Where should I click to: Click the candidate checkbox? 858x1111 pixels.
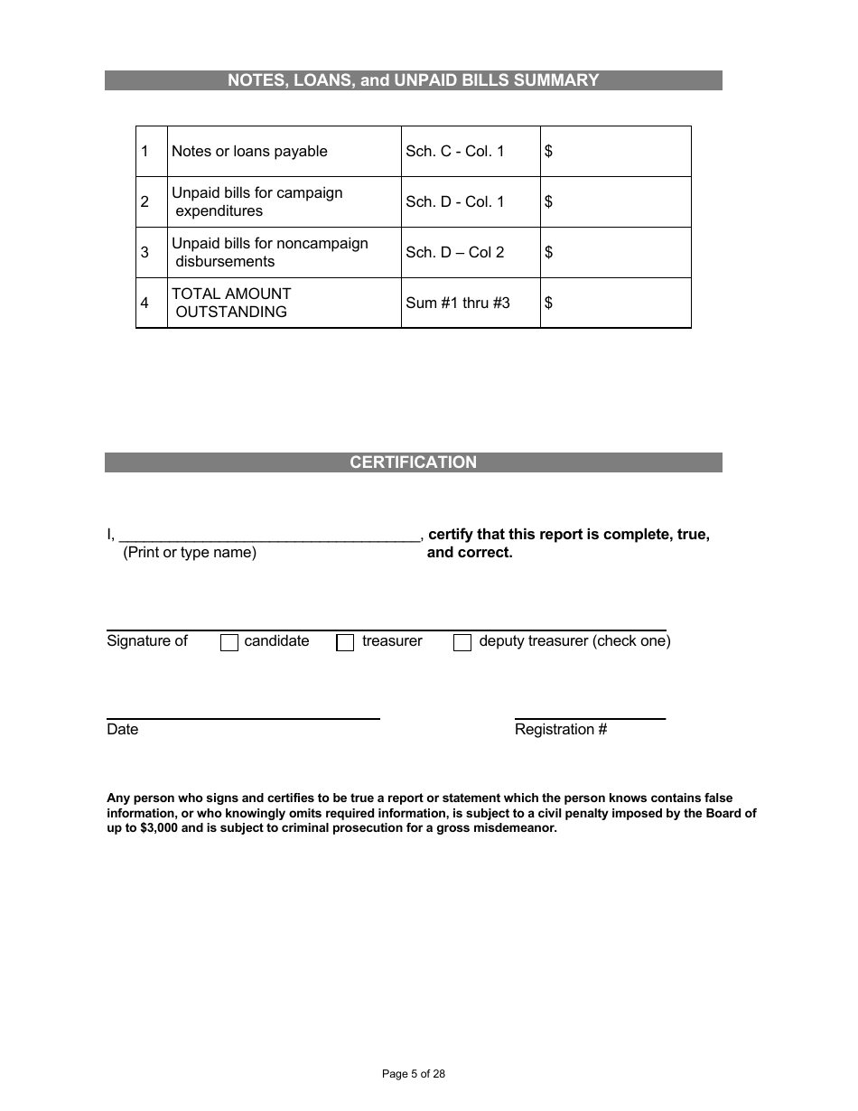tap(229, 642)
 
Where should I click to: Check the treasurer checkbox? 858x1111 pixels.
tap(345, 642)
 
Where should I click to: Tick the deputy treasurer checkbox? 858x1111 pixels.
tap(462, 642)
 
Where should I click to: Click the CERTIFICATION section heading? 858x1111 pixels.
tap(413, 462)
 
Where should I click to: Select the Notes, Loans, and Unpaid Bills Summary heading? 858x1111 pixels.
tap(413, 80)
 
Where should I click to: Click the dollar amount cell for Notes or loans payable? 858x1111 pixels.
tap(616, 152)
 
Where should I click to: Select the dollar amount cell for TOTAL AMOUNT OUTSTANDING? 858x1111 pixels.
tap(616, 303)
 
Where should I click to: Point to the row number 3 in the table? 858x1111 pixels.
tap(145, 253)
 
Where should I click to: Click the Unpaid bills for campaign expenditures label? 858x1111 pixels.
tap(257, 202)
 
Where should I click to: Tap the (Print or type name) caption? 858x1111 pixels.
tap(190, 553)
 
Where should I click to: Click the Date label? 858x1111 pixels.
tap(123, 730)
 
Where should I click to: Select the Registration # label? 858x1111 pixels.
tap(561, 730)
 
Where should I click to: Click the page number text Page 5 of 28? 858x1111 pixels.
tap(414, 1074)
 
